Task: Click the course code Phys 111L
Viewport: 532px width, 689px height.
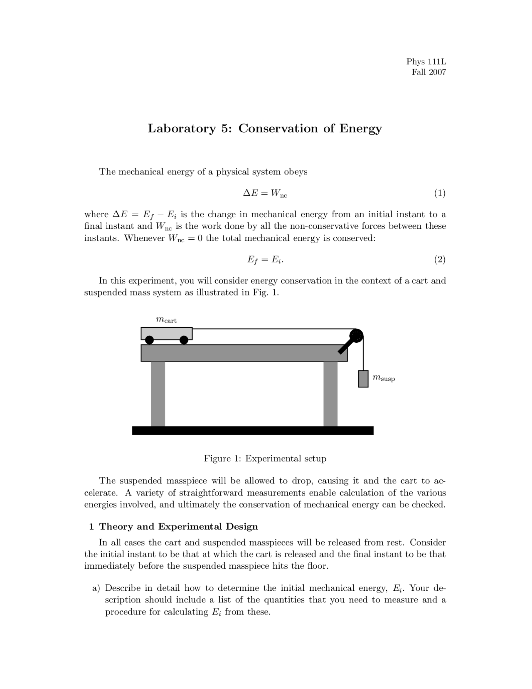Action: (426, 62)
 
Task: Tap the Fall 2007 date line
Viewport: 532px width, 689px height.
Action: (429, 72)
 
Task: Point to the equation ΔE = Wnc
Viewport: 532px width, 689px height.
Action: (265, 193)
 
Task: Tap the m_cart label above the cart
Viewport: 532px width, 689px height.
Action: (166, 320)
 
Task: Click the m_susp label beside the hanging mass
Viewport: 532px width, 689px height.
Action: (383, 378)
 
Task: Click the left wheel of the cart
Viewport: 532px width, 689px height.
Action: (150, 340)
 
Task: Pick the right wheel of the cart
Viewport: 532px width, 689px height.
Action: (184, 340)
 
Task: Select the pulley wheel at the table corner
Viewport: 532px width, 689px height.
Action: (356, 335)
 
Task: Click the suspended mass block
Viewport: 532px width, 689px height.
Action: (363, 379)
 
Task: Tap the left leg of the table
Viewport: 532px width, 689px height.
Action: (158, 394)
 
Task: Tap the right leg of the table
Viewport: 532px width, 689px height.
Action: (330, 394)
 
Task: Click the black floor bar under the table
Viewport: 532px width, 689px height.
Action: (253, 431)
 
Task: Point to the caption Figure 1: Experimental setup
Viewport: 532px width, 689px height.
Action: (265, 459)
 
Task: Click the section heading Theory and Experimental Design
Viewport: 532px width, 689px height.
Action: (178, 527)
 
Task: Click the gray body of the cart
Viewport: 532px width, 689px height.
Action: (166, 333)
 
